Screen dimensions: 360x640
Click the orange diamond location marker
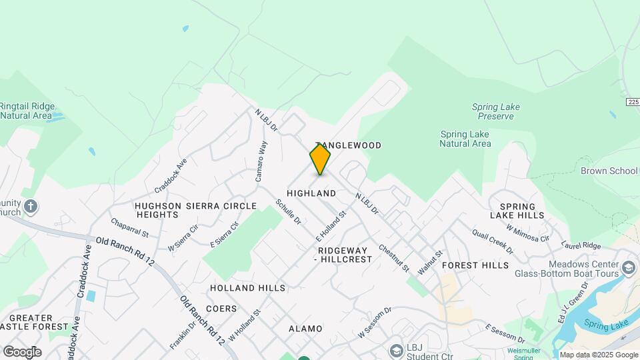click(x=320, y=159)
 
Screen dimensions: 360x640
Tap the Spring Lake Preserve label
click(x=495, y=111)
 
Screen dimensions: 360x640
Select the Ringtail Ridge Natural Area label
click(x=27, y=111)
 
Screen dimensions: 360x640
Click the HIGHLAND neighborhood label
click(x=311, y=193)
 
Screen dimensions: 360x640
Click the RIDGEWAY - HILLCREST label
click(x=342, y=255)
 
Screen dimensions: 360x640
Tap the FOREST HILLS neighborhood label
click(x=475, y=265)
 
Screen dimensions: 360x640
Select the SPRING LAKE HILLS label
click(x=517, y=211)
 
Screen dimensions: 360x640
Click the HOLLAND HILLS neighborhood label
click(x=247, y=288)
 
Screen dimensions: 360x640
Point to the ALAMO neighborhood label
click(x=305, y=329)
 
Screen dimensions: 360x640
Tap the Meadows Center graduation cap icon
click(x=628, y=268)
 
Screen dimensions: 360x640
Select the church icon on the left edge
click(x=30, y=207)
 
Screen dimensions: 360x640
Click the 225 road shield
click(x=633, y=102)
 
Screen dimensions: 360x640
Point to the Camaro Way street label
click(x=262, y=161)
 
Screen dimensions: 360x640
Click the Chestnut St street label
click(x=393, y=257)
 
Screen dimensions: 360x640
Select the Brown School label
click(x=609, y=171)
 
